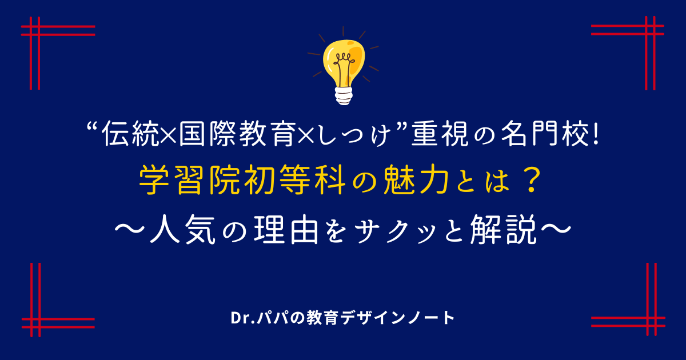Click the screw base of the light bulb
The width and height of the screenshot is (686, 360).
[x=344, y=96]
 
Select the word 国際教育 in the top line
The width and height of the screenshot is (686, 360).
[x=237, y=134]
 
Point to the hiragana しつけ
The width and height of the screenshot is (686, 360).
[x=353, y=134]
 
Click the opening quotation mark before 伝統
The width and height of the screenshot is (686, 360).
[x=93, y=126]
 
